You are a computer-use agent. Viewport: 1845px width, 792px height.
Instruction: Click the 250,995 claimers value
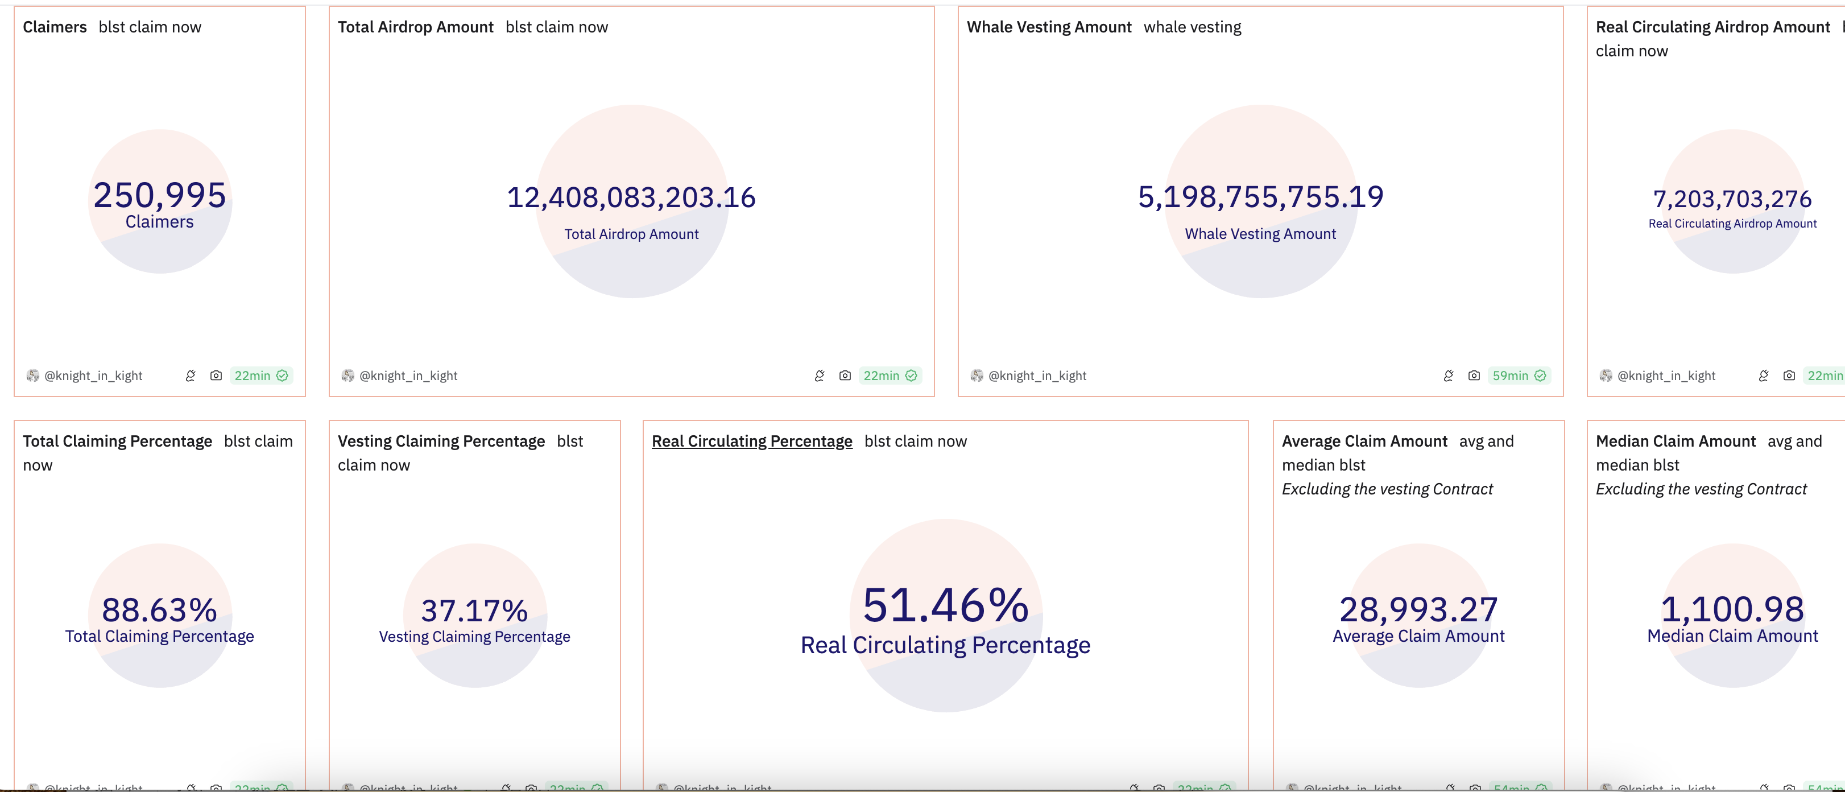coord(160,196)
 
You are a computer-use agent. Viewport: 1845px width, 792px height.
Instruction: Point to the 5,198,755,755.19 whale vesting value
coord(1260,197)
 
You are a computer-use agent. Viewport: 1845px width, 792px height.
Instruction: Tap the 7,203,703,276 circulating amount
coord(1732,199)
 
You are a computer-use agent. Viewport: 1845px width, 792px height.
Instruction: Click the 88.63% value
coord(160,610)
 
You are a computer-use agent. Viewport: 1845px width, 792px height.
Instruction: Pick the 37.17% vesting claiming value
coord(474,610)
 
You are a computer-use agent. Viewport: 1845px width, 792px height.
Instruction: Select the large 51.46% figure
coord(945,605)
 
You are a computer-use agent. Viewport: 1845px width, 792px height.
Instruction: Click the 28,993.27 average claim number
coord(1418,610)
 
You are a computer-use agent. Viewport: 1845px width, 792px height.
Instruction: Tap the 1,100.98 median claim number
coord(1732,609)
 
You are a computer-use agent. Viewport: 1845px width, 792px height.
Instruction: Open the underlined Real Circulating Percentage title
coord(751,441)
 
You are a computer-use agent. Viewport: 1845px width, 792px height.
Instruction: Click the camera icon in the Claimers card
coord(216,376)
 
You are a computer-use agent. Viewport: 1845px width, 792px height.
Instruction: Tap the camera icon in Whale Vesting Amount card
coord(1473,376)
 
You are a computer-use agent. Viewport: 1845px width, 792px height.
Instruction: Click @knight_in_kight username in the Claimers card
coord(93,376)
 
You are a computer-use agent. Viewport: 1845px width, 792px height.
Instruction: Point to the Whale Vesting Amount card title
coord(1049,27)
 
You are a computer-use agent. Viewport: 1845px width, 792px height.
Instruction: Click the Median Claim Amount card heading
coord(1676,441)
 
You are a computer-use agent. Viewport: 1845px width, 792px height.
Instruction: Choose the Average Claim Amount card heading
coord(1364,441)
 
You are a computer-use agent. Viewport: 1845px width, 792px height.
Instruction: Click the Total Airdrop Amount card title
coord(415,27)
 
